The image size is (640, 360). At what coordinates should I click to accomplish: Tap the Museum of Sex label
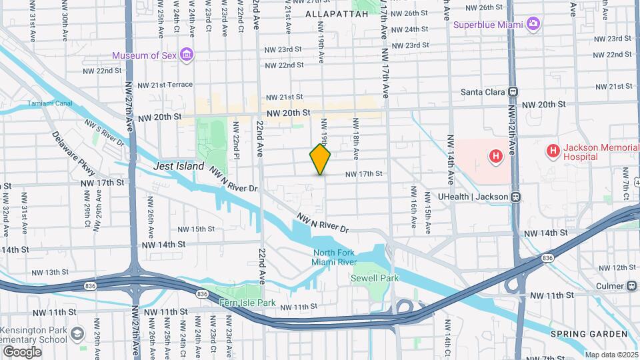pos(144,55)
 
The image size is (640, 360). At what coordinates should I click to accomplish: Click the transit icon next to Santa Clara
pos(513,92)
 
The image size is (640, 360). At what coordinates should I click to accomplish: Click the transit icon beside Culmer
pos(631,285)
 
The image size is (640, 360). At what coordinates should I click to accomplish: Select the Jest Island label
pos(178,166)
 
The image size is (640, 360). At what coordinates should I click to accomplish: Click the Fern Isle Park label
pos(247,303)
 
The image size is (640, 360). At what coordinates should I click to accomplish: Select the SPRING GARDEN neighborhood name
pos(589,333)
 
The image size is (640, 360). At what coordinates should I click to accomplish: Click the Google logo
pos(22,351)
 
